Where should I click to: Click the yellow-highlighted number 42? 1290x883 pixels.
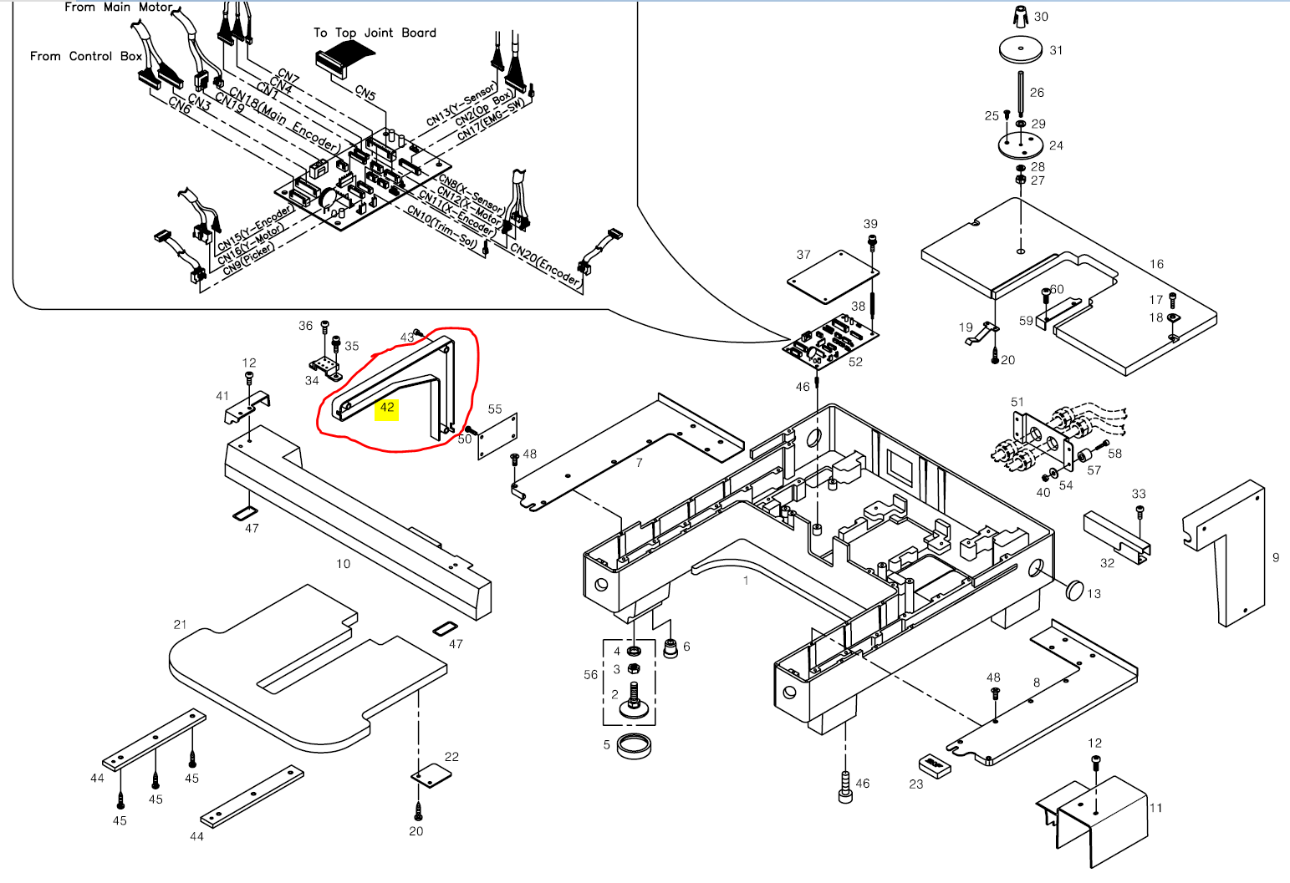(x=386, y=409)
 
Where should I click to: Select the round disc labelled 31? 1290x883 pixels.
(x=1021, y=50)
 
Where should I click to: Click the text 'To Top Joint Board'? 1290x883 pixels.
(x=375, y=33)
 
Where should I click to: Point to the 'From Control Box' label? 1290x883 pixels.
(x=85, y=56)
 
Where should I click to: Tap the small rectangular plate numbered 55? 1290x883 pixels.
(x=497, y=436)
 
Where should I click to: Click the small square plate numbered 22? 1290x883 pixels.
(x=431, y=775)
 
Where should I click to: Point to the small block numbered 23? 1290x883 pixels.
(x=935, y=766)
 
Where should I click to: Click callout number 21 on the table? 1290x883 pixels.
(x=181, y=624)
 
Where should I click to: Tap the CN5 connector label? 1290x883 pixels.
(x=365, y=93)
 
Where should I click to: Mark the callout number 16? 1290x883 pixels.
(x=1156, y=264)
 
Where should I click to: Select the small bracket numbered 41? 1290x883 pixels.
(x=247, y=404)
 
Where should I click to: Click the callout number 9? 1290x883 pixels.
(x=1276, y=557)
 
